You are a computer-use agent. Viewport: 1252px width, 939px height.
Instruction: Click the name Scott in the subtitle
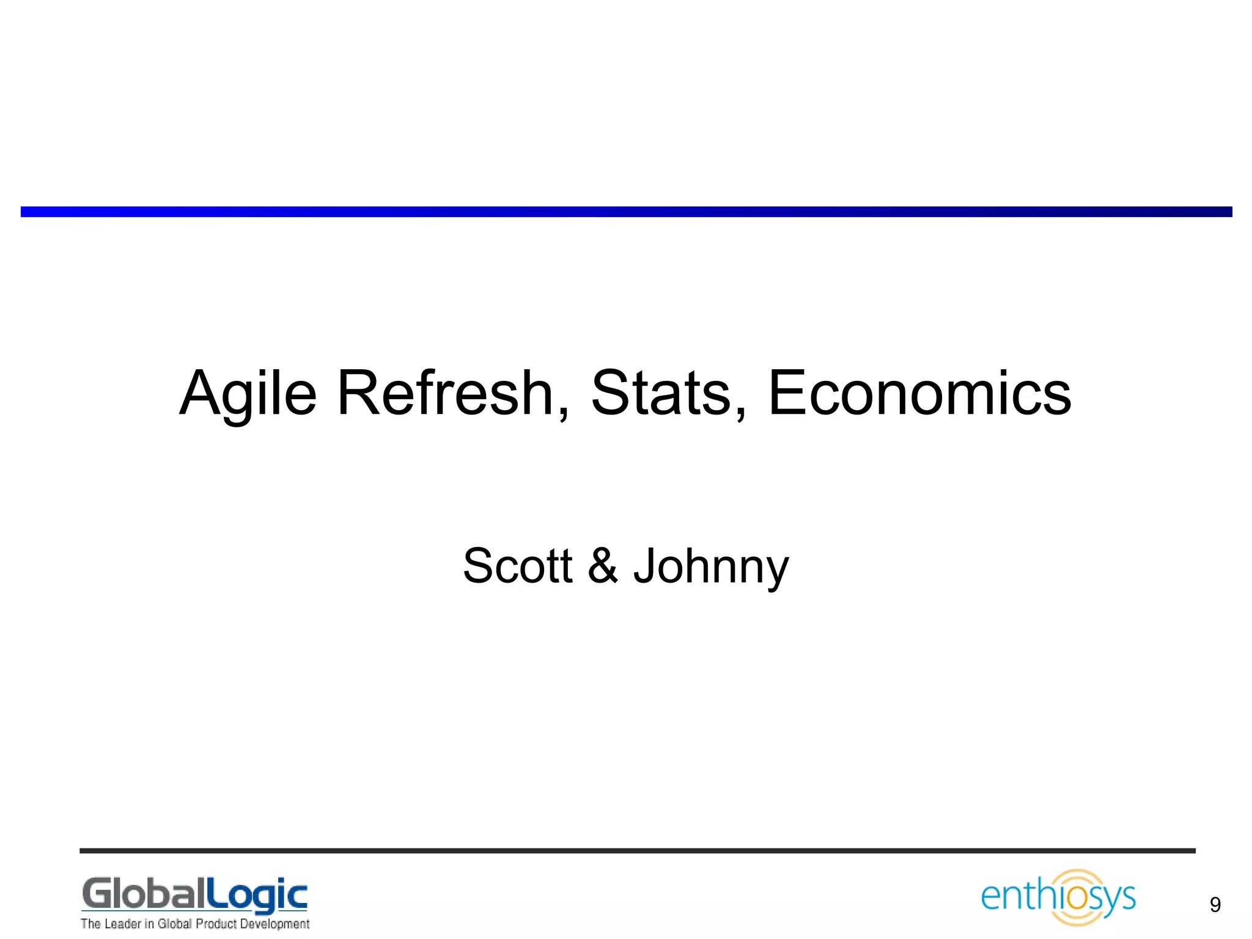pyautogui.click(x=517, y=565)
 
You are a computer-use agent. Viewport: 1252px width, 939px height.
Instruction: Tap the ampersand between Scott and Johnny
pyautogui.click(x=603, y=565)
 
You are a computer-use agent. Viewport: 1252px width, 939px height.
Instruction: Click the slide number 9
pyautogui.click(x=1215, y=905)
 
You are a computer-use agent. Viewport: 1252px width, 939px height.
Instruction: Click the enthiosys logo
pyautogui.click(x=1058, y=897)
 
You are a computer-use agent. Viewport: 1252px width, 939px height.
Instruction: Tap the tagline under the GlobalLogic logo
pyautogui.click(x=195, y=924)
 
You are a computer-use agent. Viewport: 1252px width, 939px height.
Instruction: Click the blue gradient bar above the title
pyautogui.click(x=626, y=212)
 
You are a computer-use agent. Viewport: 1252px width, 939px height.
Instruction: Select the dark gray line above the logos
pyautogui.click(x=637, y=850)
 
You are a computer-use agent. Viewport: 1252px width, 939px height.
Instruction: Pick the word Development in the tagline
pyautogui.click(x=274, y=924)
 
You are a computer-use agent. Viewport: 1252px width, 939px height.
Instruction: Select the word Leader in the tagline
pyautogui.click(x=122, y=924)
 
